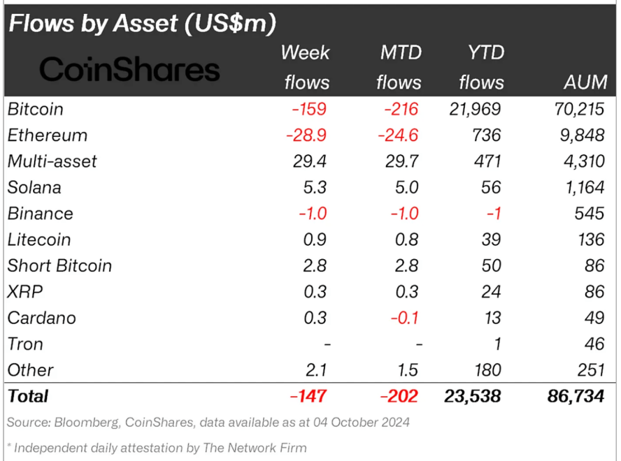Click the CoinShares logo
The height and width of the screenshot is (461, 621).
129,70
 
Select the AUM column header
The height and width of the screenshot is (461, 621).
585,82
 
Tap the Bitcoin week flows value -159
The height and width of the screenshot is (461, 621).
308,110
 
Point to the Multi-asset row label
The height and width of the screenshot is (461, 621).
52,161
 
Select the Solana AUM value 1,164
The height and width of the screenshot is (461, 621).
583,188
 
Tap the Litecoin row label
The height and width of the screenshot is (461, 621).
39,240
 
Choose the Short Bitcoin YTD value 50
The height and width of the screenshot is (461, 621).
490,266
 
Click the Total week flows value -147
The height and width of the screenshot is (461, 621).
308,396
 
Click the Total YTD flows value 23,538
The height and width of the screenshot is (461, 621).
473,396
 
